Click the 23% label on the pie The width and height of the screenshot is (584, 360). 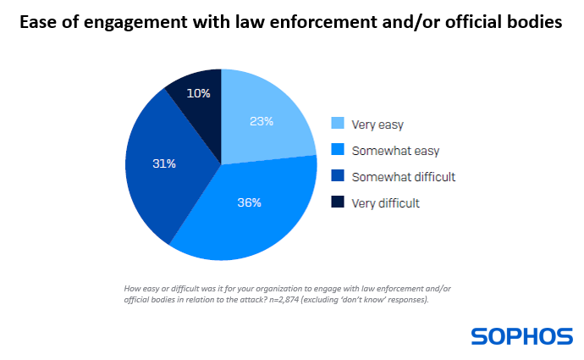pyautogui.click(x=262, y=121)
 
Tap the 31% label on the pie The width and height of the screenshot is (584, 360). pyautogui.click(x=163, y=163)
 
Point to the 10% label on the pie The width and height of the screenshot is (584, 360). pyautogui.click(x=198, y=93)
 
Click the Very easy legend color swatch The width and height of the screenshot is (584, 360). pyautogui.click(x=338, y=125)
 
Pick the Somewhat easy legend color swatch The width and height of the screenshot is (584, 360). pyautogui.click(x=338, y=151)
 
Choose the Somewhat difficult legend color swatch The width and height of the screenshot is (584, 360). pyautogui.click(x=338, y=177)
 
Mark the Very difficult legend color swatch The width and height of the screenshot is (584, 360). pyautogui.click(x=338, y=203)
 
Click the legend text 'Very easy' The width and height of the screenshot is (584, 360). pyautogui.click(x=377, y=125)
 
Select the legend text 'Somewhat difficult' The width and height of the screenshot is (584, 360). pyautogui.click(x=404, y=177)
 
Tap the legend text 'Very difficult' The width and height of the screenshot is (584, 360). pyautogui.click(x=386, y=203)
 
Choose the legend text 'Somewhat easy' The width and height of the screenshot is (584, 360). pyautogui.click(x=392, y=151)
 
